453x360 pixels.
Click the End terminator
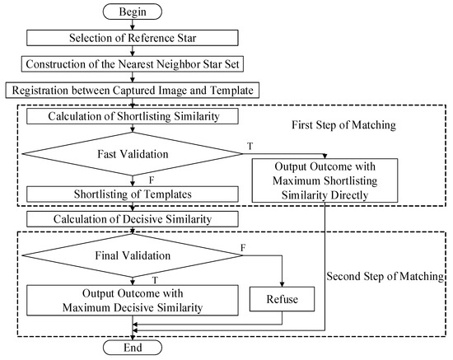click(133, 347)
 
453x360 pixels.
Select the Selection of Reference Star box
click(133, 38)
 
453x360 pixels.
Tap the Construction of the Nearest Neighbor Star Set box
click(133, 63)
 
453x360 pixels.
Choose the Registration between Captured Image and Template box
click(133, 89)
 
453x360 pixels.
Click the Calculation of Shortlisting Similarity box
click(133, 117)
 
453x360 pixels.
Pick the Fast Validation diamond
click(133, 154)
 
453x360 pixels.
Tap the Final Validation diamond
click(133, 255)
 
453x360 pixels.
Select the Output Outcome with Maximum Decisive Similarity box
click(133, 300)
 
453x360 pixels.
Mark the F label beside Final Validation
click(241, 246)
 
